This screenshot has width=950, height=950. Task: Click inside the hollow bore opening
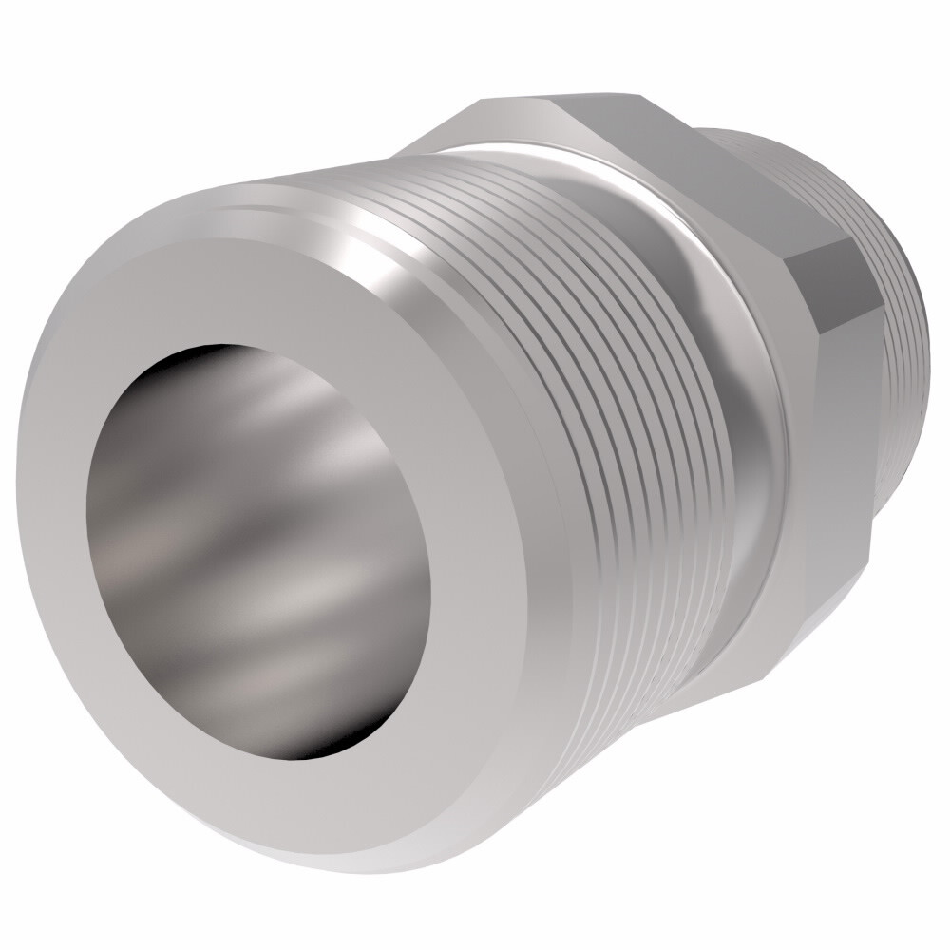[256, 551]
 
